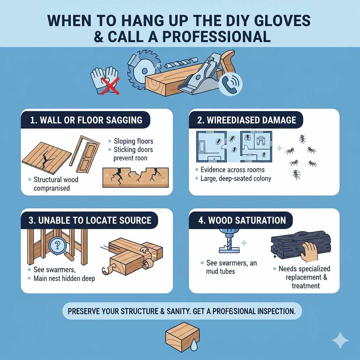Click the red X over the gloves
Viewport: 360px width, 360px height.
coord(109,85)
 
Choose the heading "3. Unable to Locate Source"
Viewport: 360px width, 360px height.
coord(90,220)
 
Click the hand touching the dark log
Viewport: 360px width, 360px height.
coord(310,252)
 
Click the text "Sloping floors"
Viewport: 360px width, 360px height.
coord(134,141)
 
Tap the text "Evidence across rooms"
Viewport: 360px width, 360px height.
coord(232,169)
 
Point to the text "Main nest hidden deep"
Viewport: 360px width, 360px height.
coord(64,279)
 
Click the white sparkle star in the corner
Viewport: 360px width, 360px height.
coord(340,340)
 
